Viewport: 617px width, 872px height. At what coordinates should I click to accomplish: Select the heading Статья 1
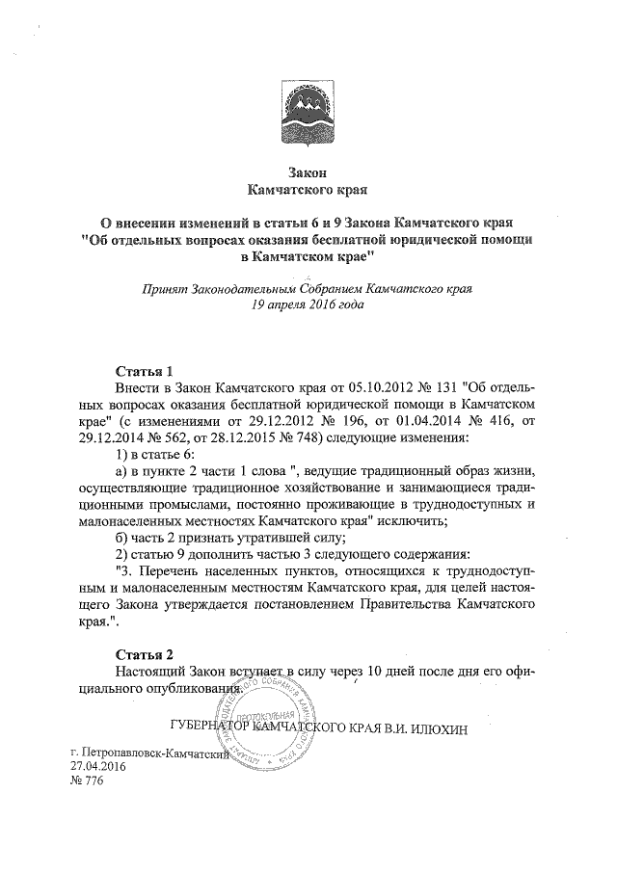click(x=144, y=370)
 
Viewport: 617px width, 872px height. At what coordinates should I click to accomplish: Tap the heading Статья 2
click(x=144, y=651)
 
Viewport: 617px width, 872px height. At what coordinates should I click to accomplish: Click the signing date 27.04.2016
click(x=92, y=766)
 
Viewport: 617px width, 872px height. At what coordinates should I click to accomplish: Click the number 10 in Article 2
click(x=382, y=669)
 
